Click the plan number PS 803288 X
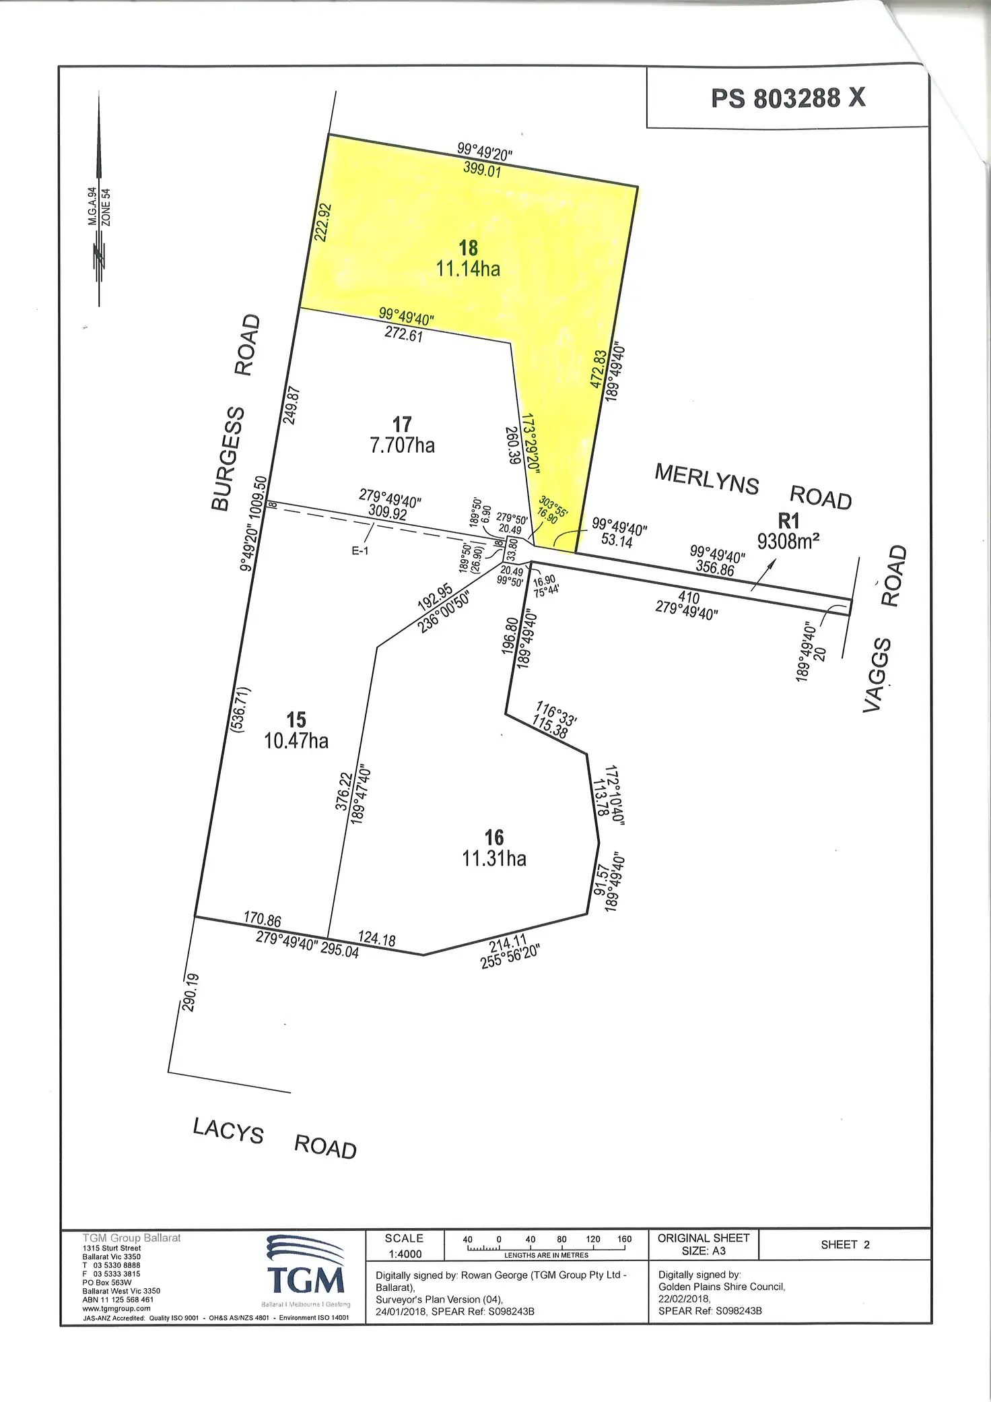tap(788, 98)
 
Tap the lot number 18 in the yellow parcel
tap(468, 248)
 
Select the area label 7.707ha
tap(402, 445)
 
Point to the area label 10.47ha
tap(296, 741)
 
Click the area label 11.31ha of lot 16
tap(494, 858)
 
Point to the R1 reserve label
tap(788, 521)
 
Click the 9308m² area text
tap(788, 541)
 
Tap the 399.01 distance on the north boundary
tap(482, 169)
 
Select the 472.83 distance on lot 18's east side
tap(598, 369)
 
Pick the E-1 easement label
tap(360, 550)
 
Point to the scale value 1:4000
tap(405, 1254)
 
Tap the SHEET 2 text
tap(845, 1244)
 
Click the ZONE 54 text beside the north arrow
tap(106, 208)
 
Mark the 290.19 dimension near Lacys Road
tap(191, 992)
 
